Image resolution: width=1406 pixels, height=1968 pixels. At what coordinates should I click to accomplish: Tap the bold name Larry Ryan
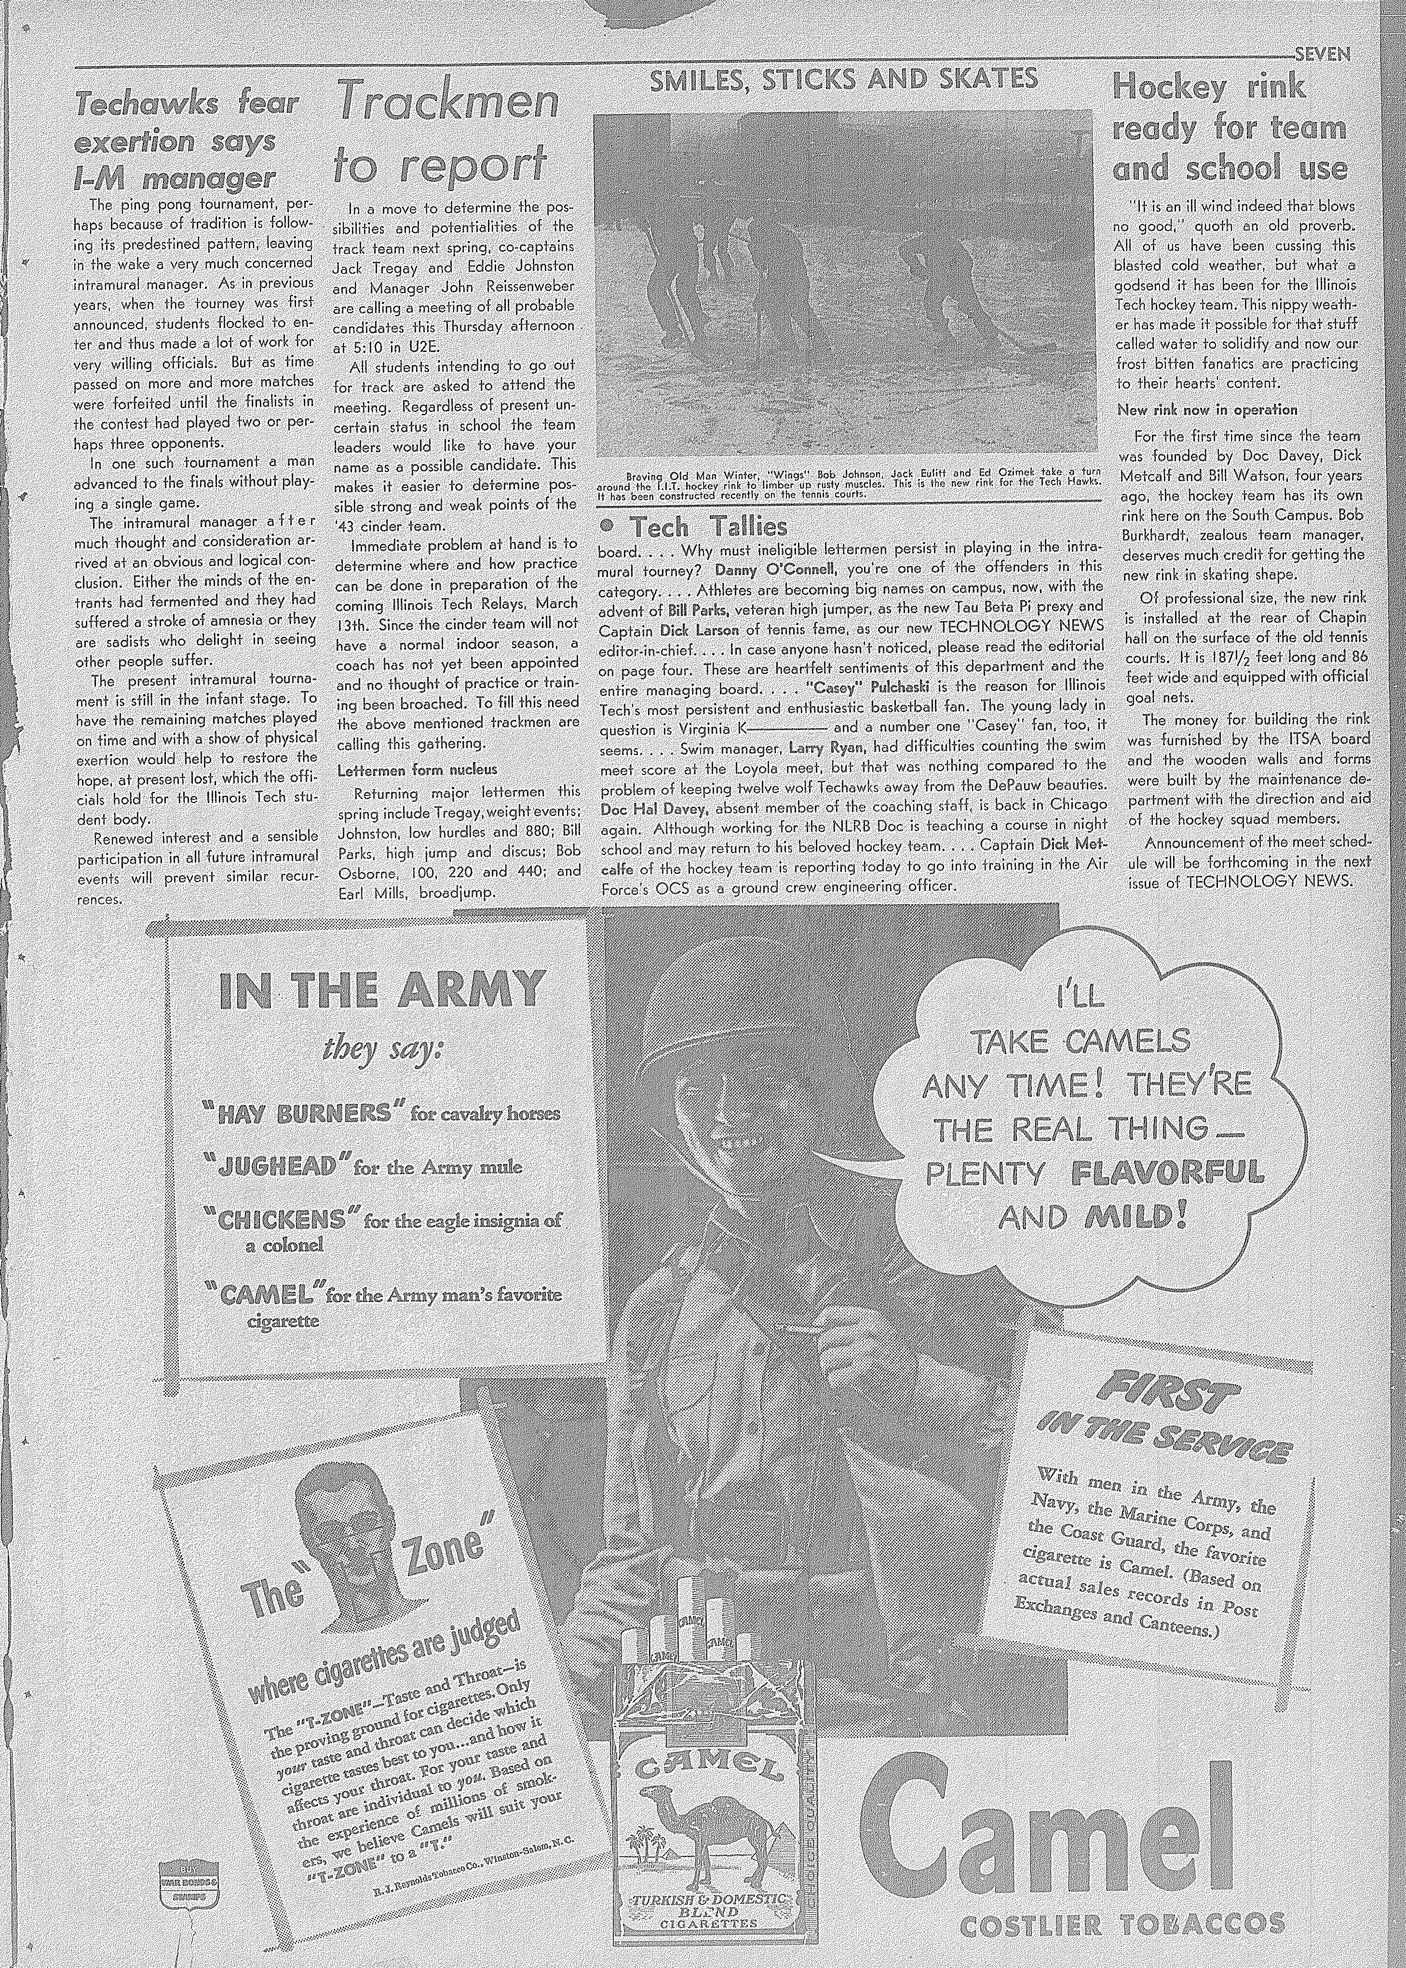[x=828, y=746]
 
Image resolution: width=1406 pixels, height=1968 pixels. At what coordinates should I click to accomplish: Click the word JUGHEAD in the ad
[x=277, y=1166]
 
